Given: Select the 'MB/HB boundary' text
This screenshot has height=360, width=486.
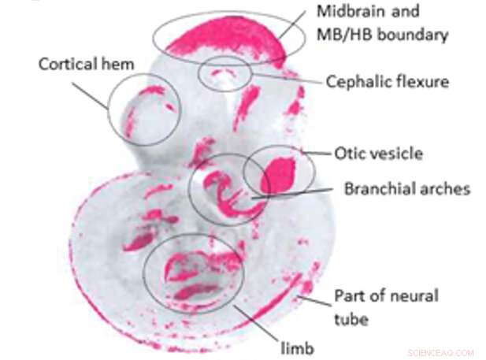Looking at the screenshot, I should pyautogui.click(x=381, y=35).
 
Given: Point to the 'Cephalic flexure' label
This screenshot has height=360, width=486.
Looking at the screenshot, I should pyautogui.click(x=387, y=80).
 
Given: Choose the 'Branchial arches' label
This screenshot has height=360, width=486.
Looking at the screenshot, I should pyautogui.click(x=406, y=189).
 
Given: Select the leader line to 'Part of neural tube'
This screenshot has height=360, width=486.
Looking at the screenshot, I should pyautogui.click(x=315, y=298).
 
